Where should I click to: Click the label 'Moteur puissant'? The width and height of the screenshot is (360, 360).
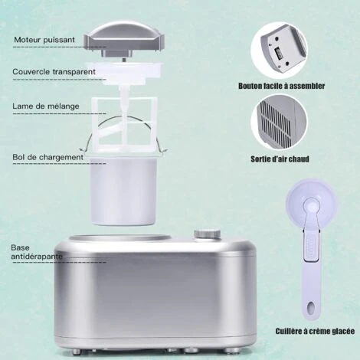tap(44, 40)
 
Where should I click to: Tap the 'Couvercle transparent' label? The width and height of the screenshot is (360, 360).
tap(54, 72)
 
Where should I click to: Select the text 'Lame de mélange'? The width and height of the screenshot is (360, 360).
tap(46, 106)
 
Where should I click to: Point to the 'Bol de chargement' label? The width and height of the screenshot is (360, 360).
tap(48, 157)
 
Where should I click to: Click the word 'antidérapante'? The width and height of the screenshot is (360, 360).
tap(37, 257)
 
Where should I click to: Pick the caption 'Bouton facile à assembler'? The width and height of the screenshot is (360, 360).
tap(282, 86)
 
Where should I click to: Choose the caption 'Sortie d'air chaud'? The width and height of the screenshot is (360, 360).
tap(280, 159)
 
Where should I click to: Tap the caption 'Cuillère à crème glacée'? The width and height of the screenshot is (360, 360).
tap(315, 331)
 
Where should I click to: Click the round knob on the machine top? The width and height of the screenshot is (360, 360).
tap(208, 234)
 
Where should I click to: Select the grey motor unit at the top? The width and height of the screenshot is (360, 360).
tap(124, 40)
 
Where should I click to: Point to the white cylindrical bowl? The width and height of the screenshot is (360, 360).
tap(123, 190)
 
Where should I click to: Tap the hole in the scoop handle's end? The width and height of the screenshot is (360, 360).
tap(311, 307)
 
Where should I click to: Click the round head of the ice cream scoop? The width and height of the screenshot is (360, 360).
tap(311, 201)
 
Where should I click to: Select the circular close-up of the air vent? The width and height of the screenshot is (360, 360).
tap(279, 123)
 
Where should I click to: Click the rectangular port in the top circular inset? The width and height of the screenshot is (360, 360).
tap(278, 54)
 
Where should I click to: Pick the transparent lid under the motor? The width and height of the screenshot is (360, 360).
tap(124, 72)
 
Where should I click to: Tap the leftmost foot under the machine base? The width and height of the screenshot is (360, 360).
tap(76, 352)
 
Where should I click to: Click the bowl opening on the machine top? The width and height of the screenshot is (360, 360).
tap(120, 239)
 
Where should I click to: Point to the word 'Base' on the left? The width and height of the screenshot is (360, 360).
tap(20, 247)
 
